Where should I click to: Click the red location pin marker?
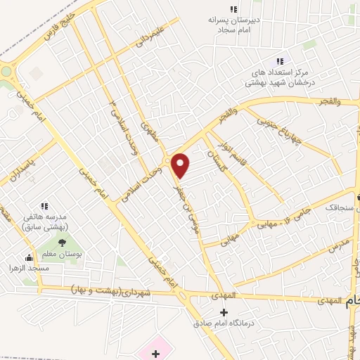coord(181,165)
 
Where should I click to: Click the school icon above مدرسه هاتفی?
coord(44,207)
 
